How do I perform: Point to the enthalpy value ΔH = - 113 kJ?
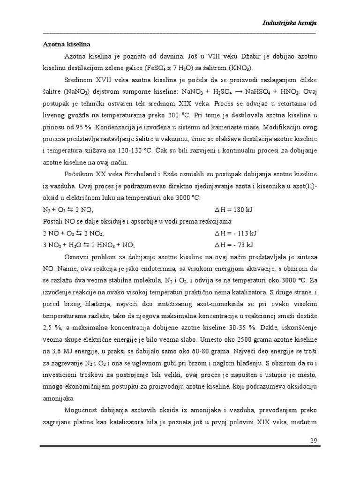235,233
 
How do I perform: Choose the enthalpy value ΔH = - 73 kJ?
234,245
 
